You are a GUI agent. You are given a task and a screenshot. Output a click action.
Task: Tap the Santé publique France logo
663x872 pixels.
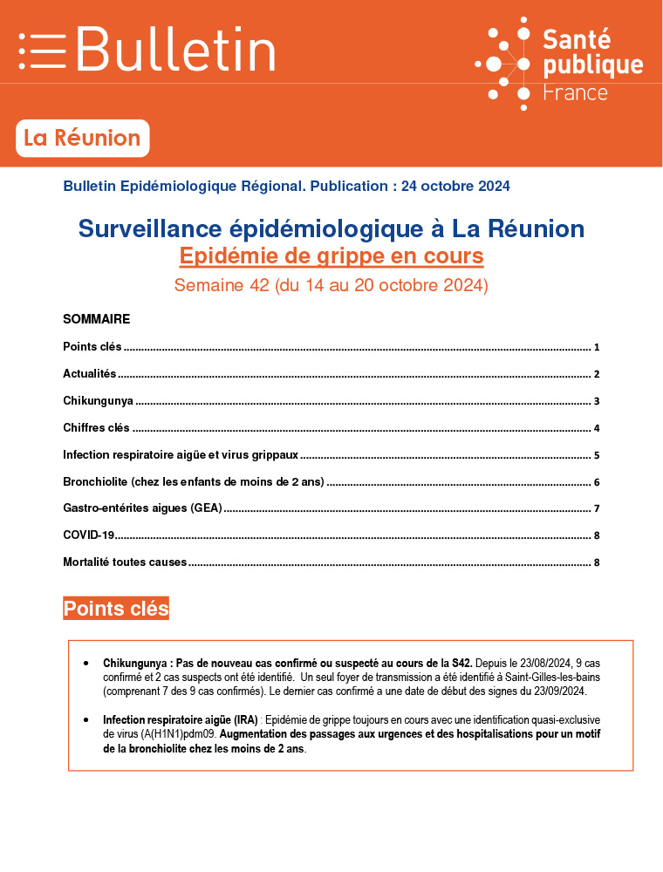[558, 64]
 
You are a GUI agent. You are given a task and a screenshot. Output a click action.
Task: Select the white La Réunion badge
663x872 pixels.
[82, 138]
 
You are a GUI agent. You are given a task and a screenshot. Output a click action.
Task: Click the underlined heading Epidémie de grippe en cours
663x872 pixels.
[331, 256]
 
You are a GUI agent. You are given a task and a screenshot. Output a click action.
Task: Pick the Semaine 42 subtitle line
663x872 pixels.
[331, 285]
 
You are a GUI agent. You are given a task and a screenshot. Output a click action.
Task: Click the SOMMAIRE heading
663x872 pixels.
[96, 319]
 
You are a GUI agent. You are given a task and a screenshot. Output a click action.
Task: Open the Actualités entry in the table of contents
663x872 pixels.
[89, 374]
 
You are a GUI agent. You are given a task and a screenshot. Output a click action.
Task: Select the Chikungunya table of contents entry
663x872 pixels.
[98, 401]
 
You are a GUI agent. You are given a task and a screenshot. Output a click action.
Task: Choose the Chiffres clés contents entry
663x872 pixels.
[96, 428]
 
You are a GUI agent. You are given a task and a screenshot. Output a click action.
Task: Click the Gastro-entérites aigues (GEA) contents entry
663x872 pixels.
[142, 508]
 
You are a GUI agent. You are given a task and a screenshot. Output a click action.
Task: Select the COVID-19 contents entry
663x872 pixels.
[88, 535]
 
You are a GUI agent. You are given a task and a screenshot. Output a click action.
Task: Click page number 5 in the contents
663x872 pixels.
[597, 455]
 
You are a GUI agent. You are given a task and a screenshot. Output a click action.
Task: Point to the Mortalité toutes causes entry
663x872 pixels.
[125, 562]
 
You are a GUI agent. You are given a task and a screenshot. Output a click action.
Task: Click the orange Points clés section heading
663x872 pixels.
[116, 609]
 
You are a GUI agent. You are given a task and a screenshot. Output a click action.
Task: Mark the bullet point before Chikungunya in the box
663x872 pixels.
[85, 664]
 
